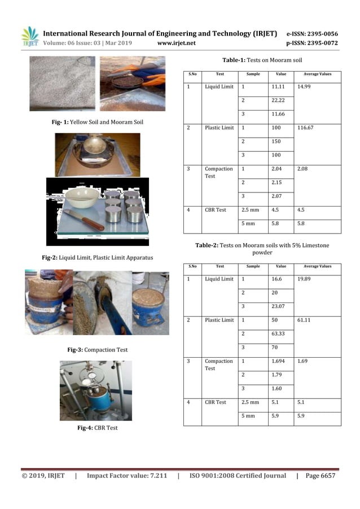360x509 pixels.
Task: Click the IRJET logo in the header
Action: (x=30, y=37)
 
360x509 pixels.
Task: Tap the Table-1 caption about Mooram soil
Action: (x=262, y=59)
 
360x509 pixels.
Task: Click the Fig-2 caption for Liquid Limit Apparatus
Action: (x=98, y=257)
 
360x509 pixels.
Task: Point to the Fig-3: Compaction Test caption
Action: (x=98, y=350)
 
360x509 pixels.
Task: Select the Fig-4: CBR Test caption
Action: (x=97, y=428)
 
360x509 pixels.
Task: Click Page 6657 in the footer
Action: (x=320, y=476)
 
